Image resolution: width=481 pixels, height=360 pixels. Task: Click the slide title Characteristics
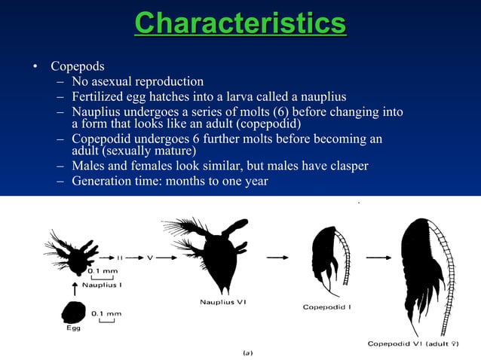[240, 23]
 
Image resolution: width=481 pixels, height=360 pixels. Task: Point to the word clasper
[343, 166]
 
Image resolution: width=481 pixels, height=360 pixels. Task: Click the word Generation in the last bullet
[103, 182]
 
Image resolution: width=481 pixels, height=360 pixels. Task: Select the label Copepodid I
[328, 307]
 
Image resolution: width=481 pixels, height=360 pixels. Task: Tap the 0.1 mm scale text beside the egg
[105, 312]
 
